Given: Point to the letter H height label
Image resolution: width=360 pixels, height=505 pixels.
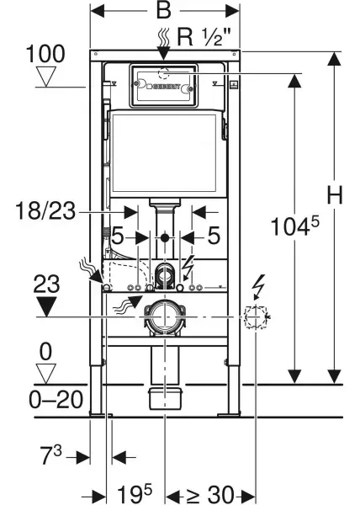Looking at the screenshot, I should coord(335,195).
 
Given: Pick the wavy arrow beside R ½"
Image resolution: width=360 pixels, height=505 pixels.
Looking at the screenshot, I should coord(163,36).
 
